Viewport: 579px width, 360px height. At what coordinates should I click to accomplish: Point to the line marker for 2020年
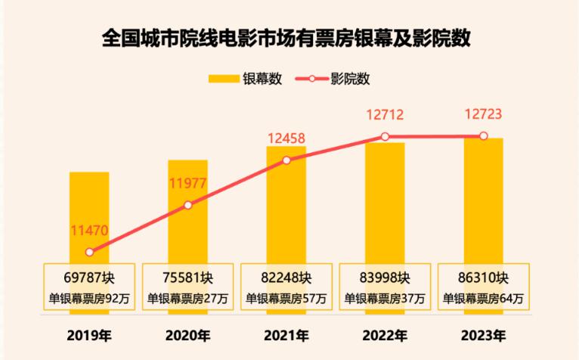click(188, 205)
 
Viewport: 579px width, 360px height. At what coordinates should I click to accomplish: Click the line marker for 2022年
click(385, 137)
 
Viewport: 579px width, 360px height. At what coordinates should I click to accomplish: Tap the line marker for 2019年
click(89, 252)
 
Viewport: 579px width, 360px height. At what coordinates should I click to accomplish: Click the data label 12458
click(287, 138)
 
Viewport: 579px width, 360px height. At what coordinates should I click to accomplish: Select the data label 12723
click(483, 115)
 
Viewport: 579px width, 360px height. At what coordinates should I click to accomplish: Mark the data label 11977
click(188, 182)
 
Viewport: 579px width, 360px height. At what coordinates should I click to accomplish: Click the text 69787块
click(89, 276)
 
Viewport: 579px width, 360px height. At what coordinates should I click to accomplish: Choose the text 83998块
click(385, 276)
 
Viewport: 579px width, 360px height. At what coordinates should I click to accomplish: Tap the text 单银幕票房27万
click(188, 298)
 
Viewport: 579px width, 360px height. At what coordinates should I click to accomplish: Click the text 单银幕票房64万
click(483, 298)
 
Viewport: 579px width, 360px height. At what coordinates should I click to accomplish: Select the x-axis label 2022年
click(385, 335)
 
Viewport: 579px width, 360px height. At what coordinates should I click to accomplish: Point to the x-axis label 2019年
click(89, 335)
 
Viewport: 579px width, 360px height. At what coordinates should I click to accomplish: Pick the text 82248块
click(286, 276)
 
